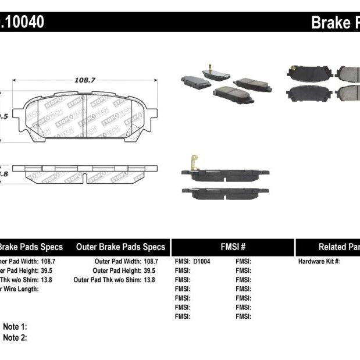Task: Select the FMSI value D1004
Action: click(202, 262)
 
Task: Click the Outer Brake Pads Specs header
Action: click(121, 247)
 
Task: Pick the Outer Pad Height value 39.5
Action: click(151, 271)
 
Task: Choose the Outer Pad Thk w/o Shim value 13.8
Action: click(151, 280)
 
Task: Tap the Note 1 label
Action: click(15, 327)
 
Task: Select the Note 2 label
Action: click(15, 337)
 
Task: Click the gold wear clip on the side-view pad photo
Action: click(193, 163)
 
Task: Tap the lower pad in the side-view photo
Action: click(225, 194)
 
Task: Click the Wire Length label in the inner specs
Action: click(20, 289)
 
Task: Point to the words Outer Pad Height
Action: click(117, 271)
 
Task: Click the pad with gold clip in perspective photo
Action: click(216, 75)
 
